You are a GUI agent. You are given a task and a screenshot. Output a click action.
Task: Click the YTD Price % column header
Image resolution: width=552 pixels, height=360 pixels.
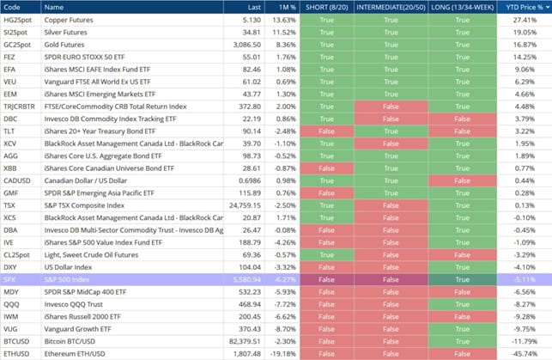tap(517, 8)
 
